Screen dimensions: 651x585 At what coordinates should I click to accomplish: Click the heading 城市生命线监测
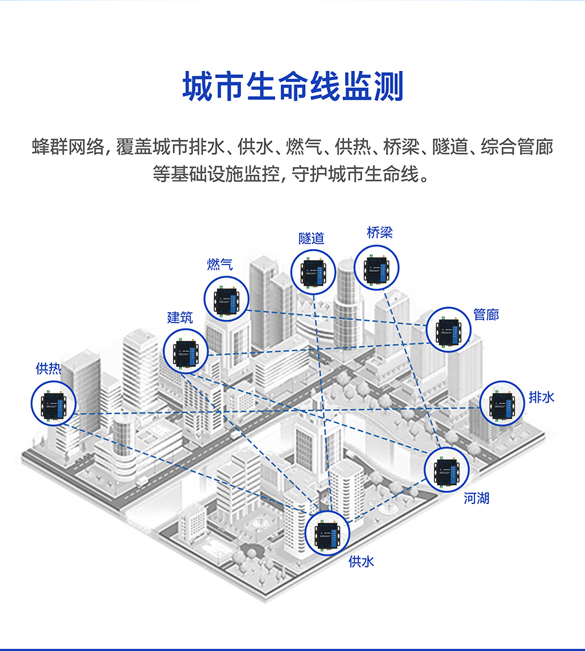[x=292, y=87]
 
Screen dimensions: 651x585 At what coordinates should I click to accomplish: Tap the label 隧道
[x=311, y=238]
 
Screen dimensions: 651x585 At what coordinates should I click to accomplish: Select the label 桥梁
[x=379, y=232]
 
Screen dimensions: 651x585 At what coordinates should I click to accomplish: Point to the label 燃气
[x=220, y=264]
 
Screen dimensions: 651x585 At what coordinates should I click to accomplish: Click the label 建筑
[x=180, y=317]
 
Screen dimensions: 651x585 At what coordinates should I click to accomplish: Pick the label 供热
[x=48, y=369]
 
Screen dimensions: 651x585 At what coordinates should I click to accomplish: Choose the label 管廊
[x=486, y=315]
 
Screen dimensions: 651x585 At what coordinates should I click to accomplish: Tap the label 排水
[x=541, y=397]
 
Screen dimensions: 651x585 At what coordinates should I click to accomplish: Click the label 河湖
[x=476, y=499]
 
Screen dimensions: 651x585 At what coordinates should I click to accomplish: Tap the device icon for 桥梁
[x=377, y=267]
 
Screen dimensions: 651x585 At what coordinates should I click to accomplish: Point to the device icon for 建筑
[x=186, y=351]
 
